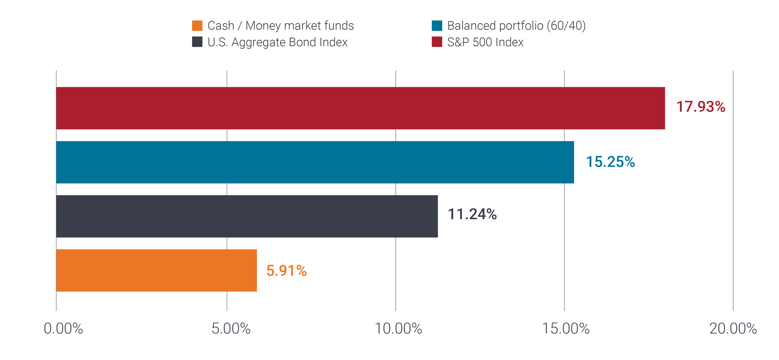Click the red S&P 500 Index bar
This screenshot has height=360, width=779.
pos(360,108)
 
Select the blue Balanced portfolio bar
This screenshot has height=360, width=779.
pos(314,162)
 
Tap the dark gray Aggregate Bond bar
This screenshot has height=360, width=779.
pos(247,216)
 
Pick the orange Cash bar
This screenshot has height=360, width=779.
pos(156,270)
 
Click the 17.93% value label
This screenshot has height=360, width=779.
pos(700,107)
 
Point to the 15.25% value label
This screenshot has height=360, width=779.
pos(610,162)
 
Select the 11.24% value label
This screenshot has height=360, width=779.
pos(472,214)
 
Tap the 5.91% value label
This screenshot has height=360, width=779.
pos(286,271)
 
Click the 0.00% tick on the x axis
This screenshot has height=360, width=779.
pos(63,329)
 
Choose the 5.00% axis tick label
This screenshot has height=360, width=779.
pos(231,329)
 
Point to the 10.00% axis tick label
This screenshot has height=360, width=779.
pos(398,329)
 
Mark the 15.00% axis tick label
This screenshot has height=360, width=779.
pos(566,329)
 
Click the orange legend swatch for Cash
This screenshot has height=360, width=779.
pos(197,26)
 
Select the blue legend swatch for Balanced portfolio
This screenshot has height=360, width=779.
pos(437,26)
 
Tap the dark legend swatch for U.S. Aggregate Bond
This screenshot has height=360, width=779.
pos(197,42)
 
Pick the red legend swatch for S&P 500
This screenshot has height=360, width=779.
pos(437,42)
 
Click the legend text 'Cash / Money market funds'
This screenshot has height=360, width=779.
pos(280,26)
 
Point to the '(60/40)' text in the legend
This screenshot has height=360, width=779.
pos(566,26)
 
